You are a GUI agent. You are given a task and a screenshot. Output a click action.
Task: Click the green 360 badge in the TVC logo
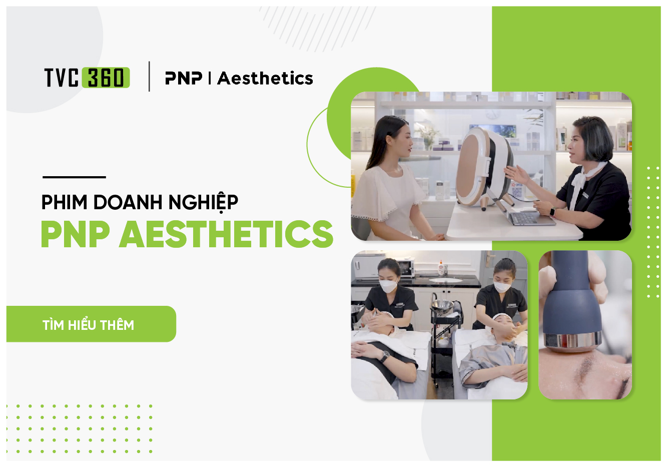(x=106, y=78)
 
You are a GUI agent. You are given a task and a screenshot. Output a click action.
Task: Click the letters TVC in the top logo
(x=62, y=78)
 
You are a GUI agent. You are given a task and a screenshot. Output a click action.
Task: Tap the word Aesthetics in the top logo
(x=265, y=78)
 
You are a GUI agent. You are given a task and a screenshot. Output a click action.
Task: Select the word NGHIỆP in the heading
(x=203, y=203)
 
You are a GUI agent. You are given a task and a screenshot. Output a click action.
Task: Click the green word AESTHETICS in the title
(x=226, y=234)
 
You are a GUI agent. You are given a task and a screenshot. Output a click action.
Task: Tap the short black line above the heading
(x=74, y=177)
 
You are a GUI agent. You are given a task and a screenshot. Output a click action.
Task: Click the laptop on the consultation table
(x=527, y=217)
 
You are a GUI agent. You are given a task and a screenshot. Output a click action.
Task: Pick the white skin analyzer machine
(x=485, y=167)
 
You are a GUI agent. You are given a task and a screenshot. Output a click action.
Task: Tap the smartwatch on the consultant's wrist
(x=552, y=212)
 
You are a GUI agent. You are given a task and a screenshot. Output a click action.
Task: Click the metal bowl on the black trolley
(x=442, y=305)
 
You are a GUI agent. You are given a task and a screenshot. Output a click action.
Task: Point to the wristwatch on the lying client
(x=386, y=356)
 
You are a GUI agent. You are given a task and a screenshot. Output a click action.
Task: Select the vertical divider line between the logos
(x=149, y=76)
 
